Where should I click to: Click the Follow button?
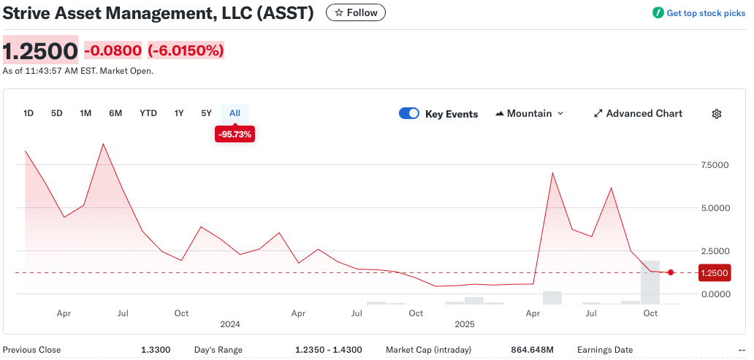tap(355, 12)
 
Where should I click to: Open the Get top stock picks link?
tap(699, 13)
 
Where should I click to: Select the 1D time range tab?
tap(28, 113)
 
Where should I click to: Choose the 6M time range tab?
tap(115, 113)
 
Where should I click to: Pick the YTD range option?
tap(148, 113)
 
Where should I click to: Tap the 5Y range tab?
tap(206, 113)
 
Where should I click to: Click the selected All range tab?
tap(235, 113)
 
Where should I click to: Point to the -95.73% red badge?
tap(235, 134)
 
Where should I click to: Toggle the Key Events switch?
tap(409, 114)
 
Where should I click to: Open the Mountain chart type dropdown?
tap(530, 114)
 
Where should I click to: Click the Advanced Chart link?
tap(638, 114)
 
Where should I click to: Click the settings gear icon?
tap(717, 114)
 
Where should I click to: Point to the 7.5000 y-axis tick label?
tap(715, 165)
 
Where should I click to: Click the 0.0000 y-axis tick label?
tap(715, 294)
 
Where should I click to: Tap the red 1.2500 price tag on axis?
tap(714, 273)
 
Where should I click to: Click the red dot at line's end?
tap(671, 272)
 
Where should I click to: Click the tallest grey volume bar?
tap(650, 282)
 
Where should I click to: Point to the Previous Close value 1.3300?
tap(156, 351)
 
